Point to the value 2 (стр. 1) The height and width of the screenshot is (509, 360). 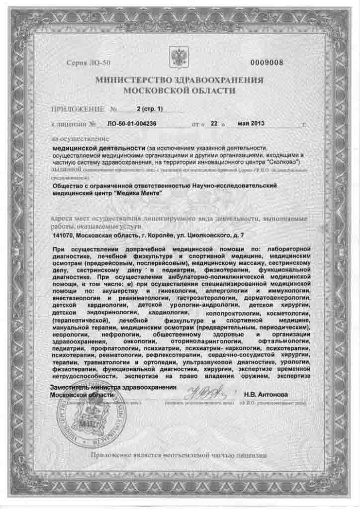(150, 109)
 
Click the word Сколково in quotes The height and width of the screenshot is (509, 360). (285, 163)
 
